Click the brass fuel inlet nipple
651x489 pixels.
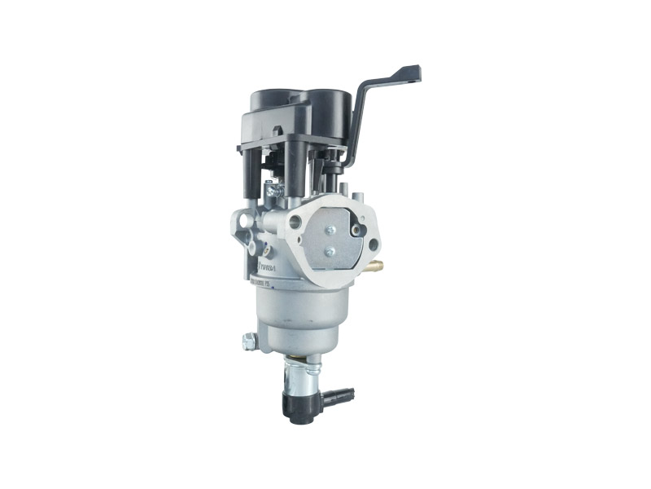click(377, 266)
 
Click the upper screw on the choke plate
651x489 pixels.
click(330, 230)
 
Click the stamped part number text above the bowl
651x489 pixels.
click(273, 284)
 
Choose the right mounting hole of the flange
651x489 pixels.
click(372, 244)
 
